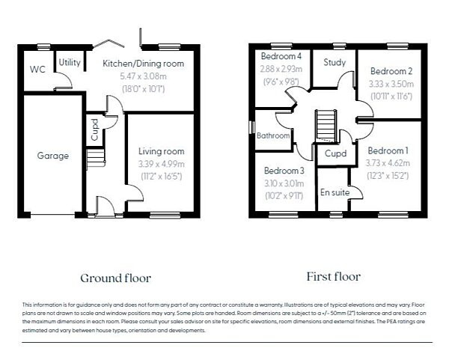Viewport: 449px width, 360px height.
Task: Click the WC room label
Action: [38, 69]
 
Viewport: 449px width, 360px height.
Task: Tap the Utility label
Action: [70, 62]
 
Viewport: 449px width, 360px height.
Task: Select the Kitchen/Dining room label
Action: [143, 63]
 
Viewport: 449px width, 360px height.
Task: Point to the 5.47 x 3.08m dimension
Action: [143, 76]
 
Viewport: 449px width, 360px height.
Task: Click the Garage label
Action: [53, 156]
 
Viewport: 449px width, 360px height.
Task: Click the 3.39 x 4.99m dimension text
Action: [161, 164]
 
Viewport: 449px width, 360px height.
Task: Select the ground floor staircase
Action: [95, 159]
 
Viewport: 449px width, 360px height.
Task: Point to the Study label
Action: [335, 62]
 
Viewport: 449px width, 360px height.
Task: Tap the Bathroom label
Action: [273, 136]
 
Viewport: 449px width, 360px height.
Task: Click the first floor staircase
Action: [325, 123]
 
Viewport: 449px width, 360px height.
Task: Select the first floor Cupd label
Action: [336, 153]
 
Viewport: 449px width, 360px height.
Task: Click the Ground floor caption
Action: [116, 278]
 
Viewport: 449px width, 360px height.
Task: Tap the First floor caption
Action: [333, 276]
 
